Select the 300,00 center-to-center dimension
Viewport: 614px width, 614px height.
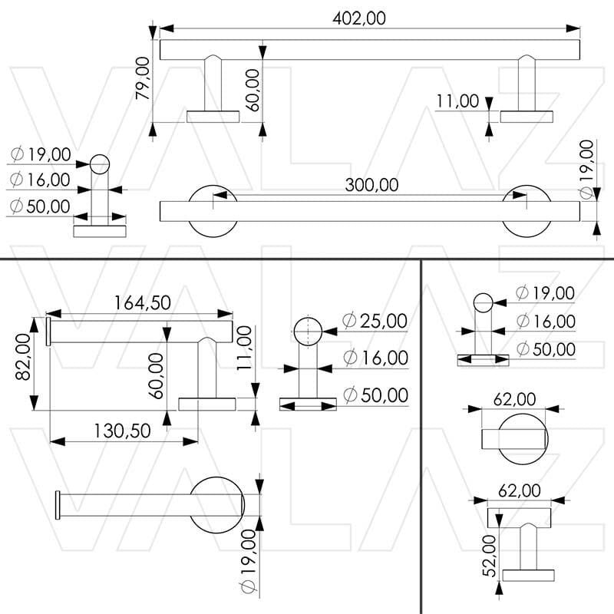(x=371, y=186)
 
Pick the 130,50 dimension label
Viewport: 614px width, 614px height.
(x=124, y=430)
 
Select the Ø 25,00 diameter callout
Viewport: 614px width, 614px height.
(x=375, y=321)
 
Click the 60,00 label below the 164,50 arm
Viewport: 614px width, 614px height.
(x=157, y=375)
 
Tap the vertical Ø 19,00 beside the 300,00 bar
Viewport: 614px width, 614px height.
(x=587, y=170)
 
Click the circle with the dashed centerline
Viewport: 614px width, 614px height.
(x=308, y=332)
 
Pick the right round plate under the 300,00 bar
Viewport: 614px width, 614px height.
(x=527, y=229)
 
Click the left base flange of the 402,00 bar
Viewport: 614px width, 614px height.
(x=213, y=117)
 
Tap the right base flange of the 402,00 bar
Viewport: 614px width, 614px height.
(x=527, y=117)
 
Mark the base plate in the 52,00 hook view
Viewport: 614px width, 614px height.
(x=527, y=576)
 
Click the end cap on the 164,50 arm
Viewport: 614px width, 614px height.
(x=48, y=332)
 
